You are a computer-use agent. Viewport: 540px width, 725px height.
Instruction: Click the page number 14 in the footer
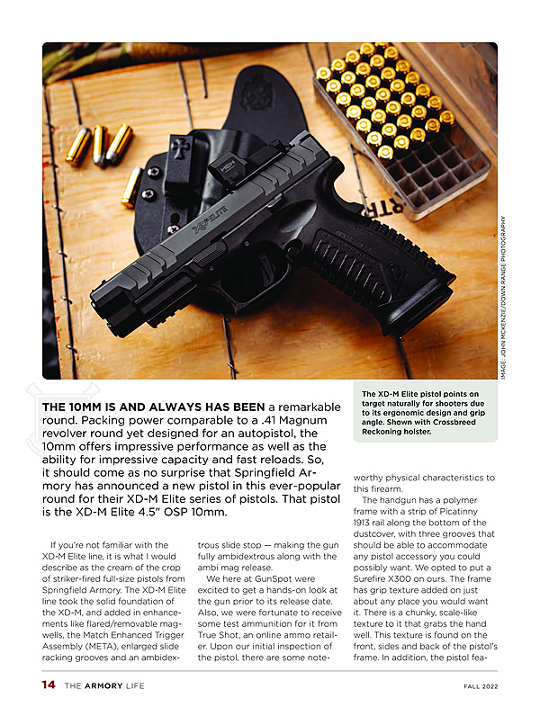point(49,685)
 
